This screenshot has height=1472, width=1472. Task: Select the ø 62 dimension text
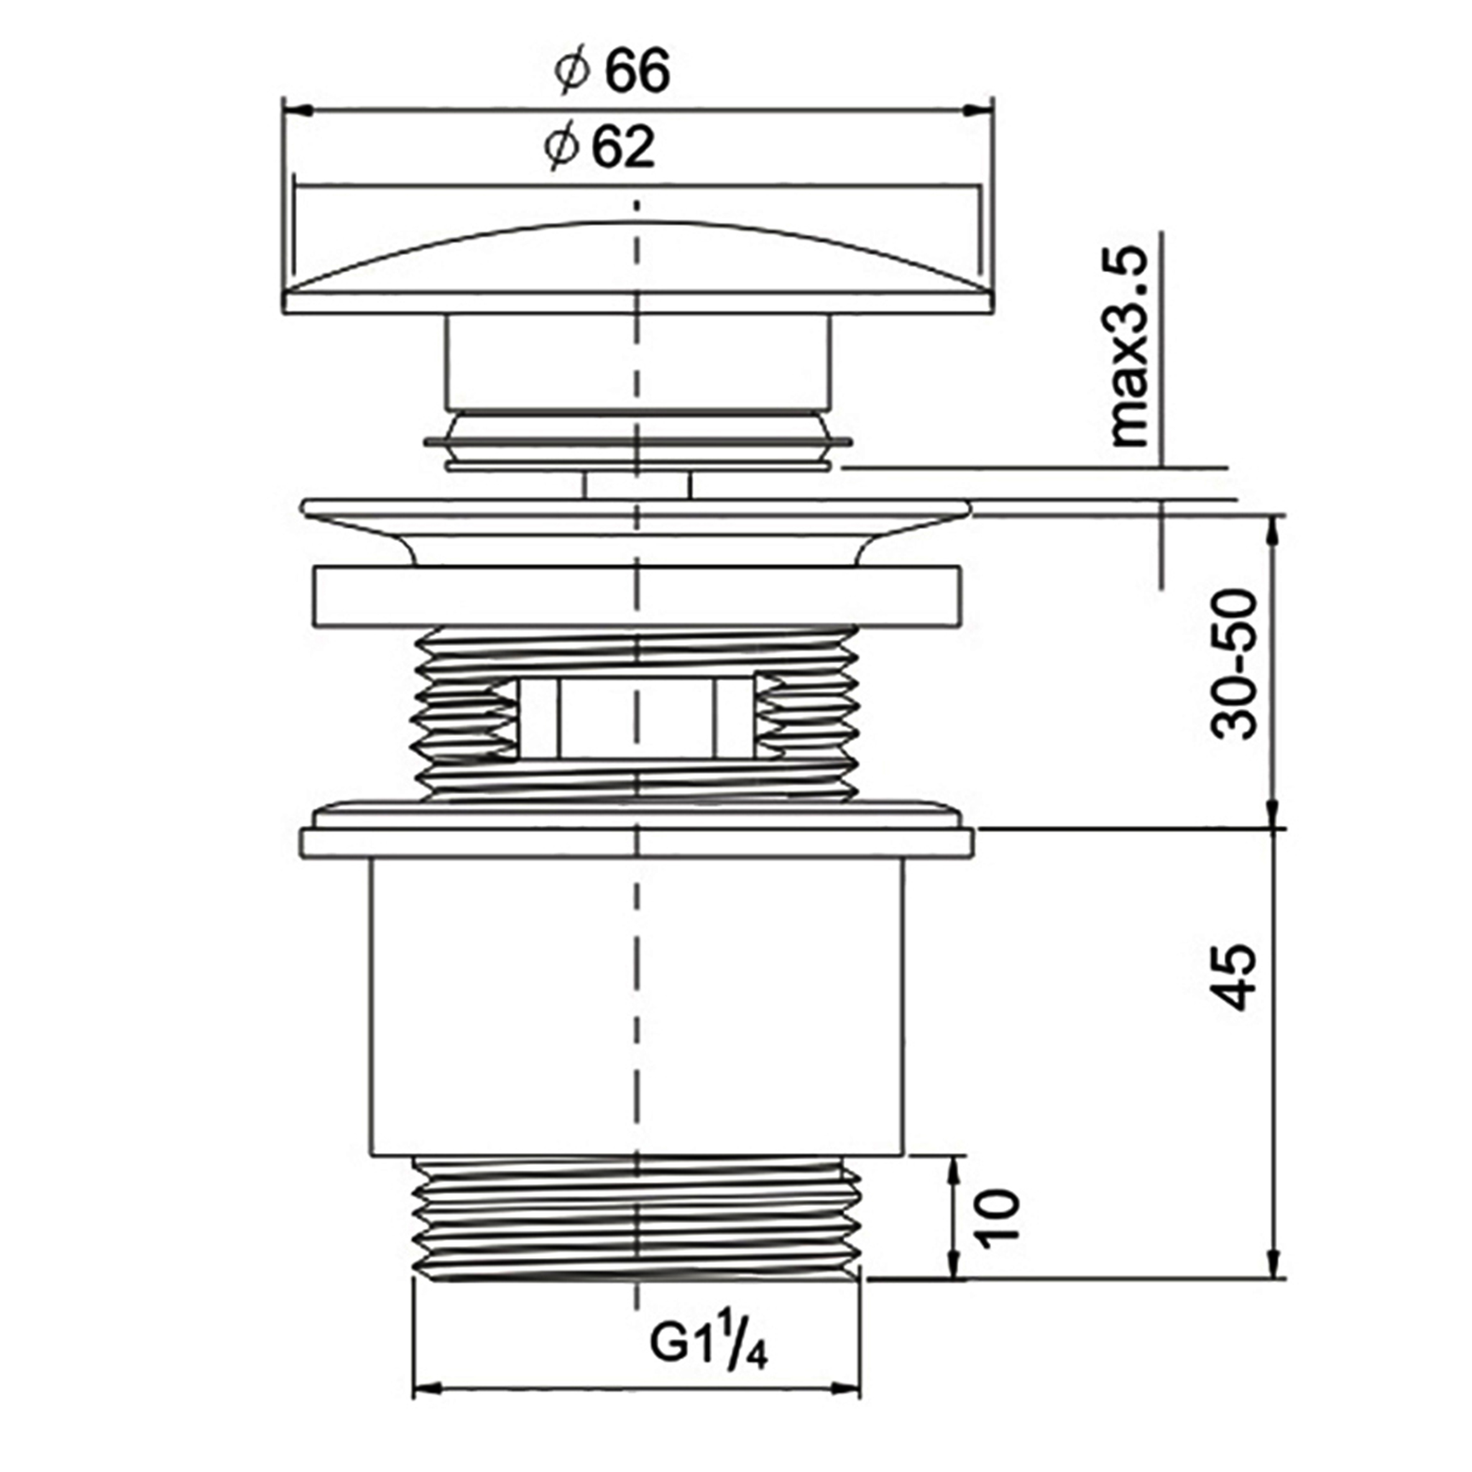pos(600,147)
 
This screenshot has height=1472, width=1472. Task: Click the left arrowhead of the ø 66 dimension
pos(298,111)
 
